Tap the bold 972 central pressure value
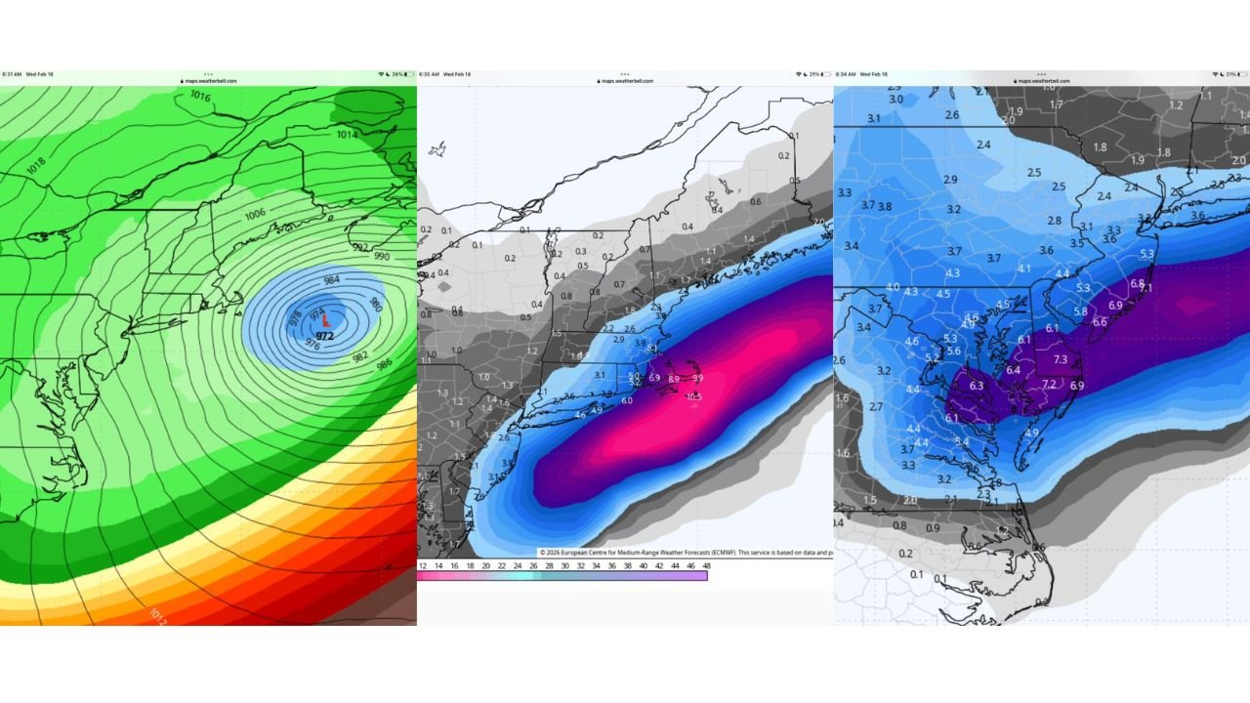(325, 336)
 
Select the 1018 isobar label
(35, 167)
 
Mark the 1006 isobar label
(255, 214)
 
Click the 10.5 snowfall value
(694, 396)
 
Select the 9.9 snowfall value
(697, 378)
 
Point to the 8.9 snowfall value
(673, 378)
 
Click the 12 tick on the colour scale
(422, 565)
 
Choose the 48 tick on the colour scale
(705, 565)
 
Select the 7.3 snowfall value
(1060, 360)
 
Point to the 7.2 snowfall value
(1049, 384)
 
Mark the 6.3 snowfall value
(976, 386)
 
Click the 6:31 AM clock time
(12, 74)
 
